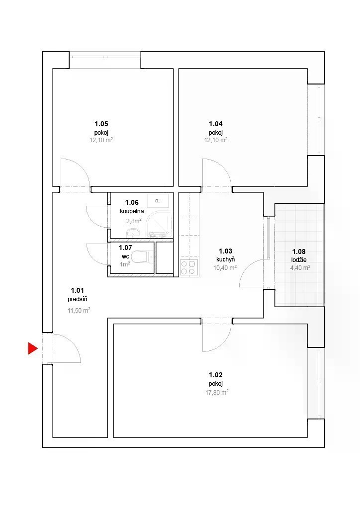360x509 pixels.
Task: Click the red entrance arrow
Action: pos(32,348)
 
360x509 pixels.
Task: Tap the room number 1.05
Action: pos(101,124)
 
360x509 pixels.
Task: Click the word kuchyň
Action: pos(226,259)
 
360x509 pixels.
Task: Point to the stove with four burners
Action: pos(189,268)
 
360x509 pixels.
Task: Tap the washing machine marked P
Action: pos(158,201)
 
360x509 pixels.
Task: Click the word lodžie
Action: pos(299,259)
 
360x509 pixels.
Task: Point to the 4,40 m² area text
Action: pos(300,268)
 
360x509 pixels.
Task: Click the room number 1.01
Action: pos(77,290)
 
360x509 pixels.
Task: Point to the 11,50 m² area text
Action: pos(79,310)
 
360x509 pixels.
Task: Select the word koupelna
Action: pos(132,211)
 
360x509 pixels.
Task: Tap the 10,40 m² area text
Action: pos(225,268)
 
